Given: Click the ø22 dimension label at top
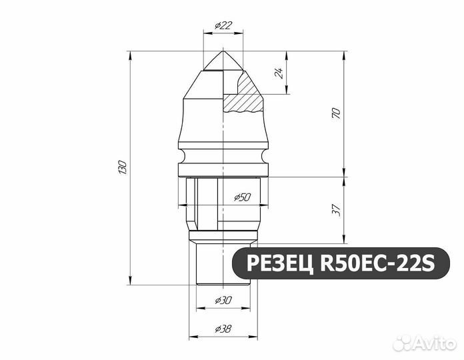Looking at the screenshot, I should tap(223, 25).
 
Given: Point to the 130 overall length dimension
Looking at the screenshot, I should tap(121, 167).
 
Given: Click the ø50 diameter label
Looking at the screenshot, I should tap(242, 197).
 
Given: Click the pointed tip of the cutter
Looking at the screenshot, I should tap(223, 52).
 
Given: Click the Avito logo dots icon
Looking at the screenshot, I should tap(402, 343).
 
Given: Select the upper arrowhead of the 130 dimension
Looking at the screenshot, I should tap(129, 54).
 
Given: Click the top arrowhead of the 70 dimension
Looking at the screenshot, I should tap(344, 54).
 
